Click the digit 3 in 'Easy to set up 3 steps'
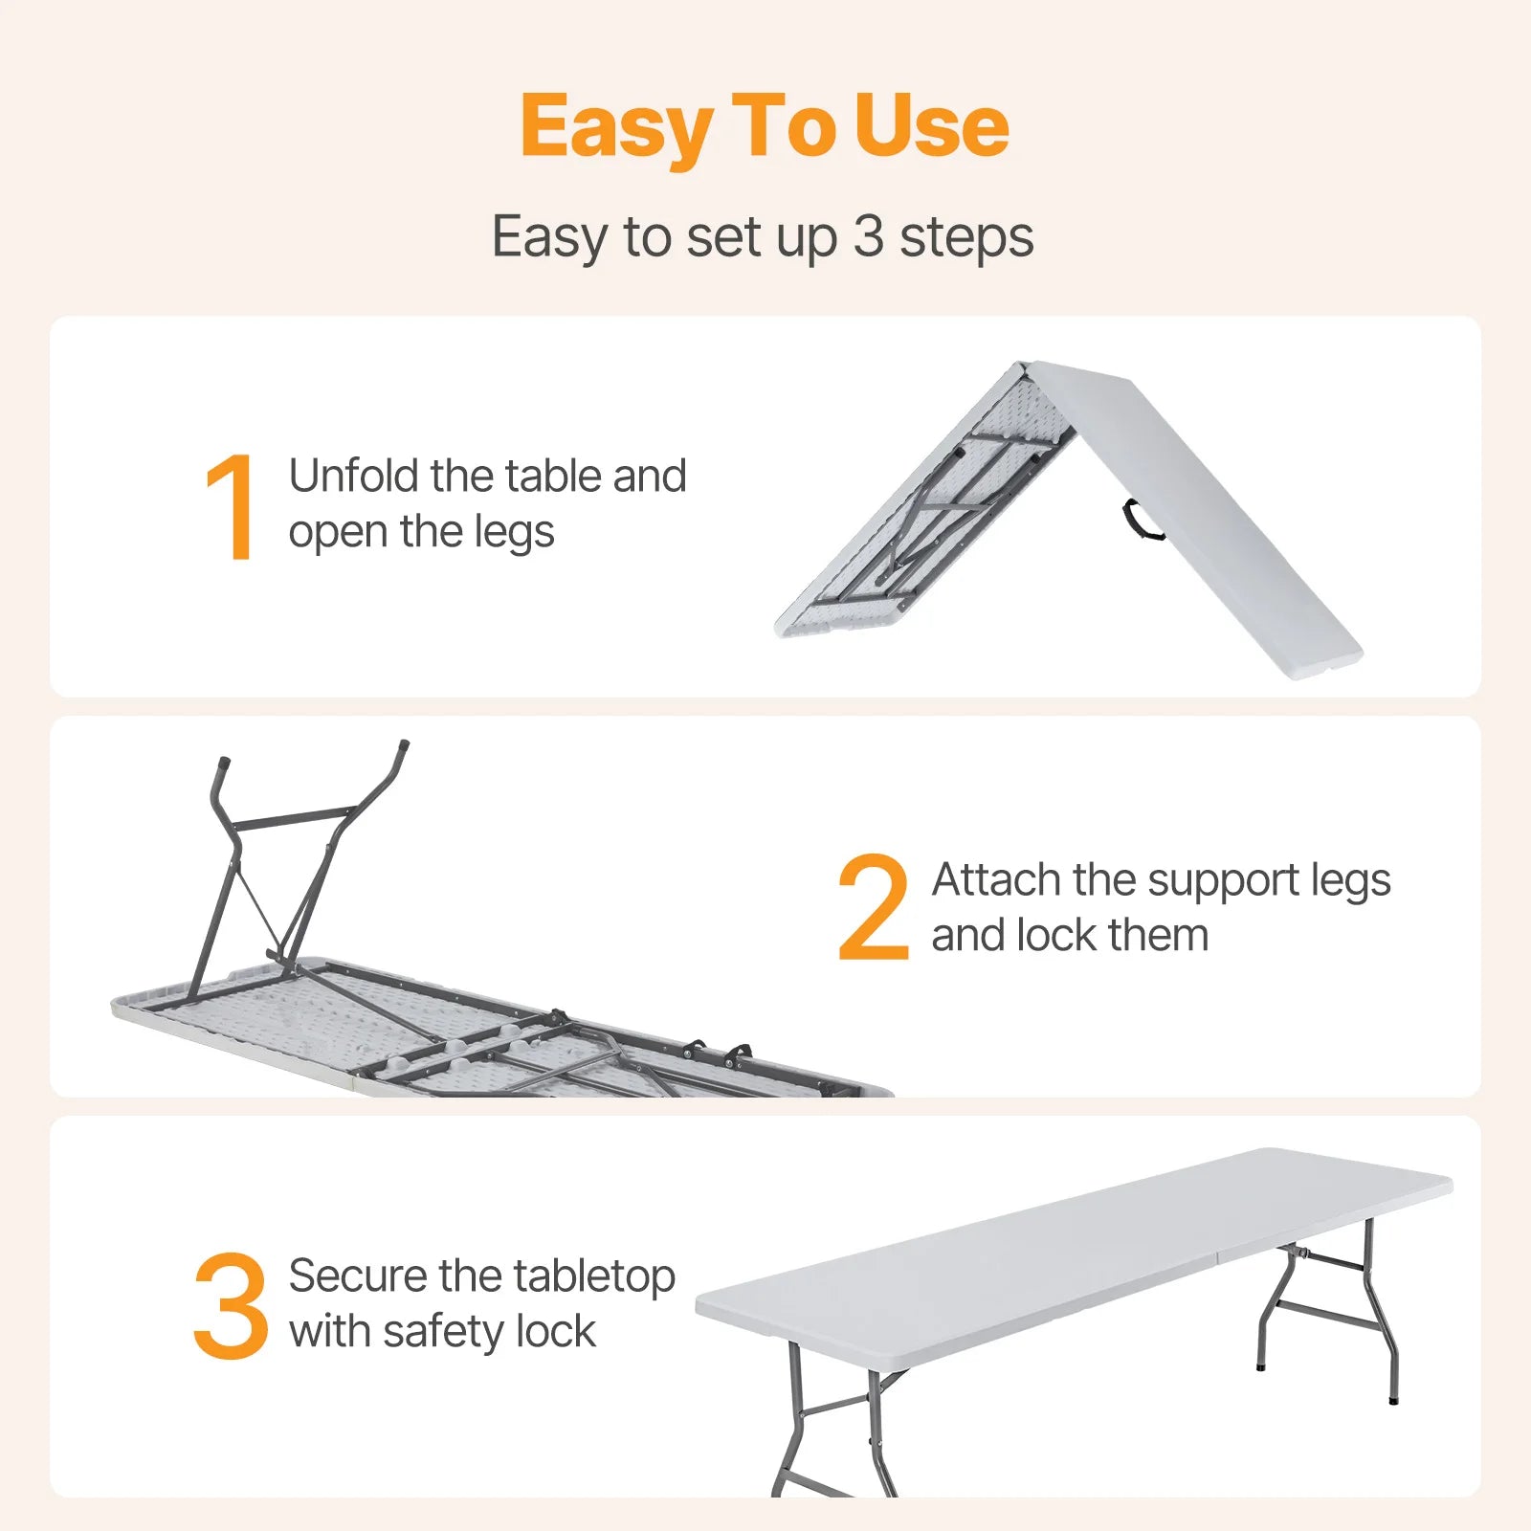pos(868,235)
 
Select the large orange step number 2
pos(873,906)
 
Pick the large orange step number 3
pos(231,1305)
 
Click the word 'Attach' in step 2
pos(996,879)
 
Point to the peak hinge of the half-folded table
pos(1026,366)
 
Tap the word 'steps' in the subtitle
pos(966,237)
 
